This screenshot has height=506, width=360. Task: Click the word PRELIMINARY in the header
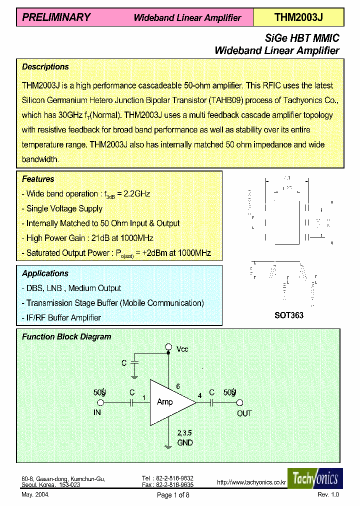(56, 17)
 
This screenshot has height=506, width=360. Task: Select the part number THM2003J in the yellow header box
(298, 17)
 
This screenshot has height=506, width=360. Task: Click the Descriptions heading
(45, 66)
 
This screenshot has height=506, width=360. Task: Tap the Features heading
(38, 179)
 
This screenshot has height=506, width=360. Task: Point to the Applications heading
(45, 273)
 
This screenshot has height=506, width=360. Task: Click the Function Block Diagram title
(66, 337)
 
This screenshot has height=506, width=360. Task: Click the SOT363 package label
(288, 315)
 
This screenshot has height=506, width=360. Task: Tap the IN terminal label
(97, 413)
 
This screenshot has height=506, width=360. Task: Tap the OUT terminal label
(244, 413)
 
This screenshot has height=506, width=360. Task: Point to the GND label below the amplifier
(185, 442)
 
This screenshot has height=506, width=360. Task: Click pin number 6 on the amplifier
(176, 386)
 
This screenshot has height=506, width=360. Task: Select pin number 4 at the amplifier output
(200, 395)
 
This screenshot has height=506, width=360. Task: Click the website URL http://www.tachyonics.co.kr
(251, 482)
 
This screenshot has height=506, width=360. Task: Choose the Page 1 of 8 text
(173, 495)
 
